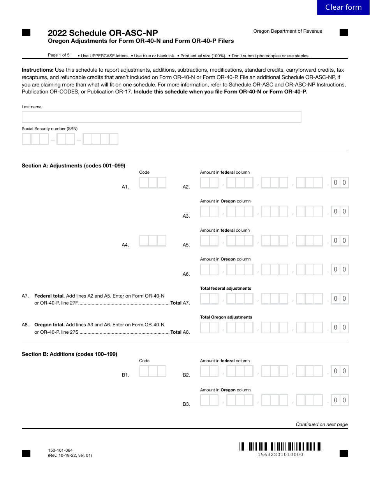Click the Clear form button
click(343, 7)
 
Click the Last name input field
click(161, 117)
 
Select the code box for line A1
click(153, 183)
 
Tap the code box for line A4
click(153, 241)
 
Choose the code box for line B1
click(153, 371)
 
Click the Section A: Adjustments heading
click(73, 166)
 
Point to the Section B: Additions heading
click(69, 354)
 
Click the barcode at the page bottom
click(280, 446)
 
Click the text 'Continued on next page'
click(322, 424)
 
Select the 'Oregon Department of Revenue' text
click(288, 31)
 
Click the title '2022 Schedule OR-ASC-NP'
click(103, 33)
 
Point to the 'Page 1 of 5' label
click(59, 55)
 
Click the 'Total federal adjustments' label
click(226, 288)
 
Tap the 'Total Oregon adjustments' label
click(226, 317)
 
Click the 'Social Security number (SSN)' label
click(49, 129)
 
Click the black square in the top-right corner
click(344, 33)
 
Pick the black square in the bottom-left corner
click(26, 453)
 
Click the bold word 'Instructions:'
click(37, 70)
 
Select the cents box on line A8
click(340, 328)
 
